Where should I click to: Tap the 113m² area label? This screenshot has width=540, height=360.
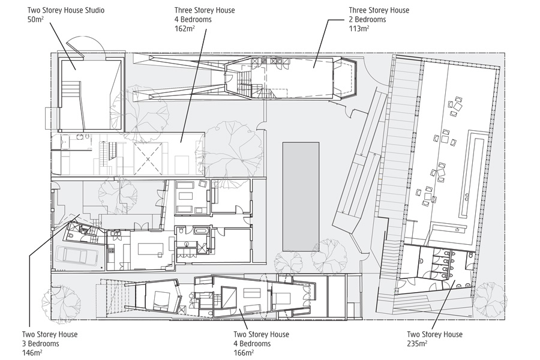pyautogui.click(x=359, y=28)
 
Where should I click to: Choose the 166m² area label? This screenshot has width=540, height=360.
pyautogui.click(x=244, y=353)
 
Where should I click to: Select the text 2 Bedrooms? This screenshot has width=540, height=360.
pyautogui.click(x=368, y=19)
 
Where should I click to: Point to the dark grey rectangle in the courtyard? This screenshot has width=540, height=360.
pyautogui.click(x=301, y=196)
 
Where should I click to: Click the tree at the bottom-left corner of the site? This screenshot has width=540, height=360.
pyautogui.click(x=52, y=298)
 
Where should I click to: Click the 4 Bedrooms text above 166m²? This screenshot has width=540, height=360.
pyautogui.click(x=253, y=344)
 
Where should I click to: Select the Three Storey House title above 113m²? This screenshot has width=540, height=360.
pyautogui.click(x=379, y=10)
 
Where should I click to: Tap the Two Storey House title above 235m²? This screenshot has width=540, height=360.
pyautogui.click(x=435, y=335)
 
